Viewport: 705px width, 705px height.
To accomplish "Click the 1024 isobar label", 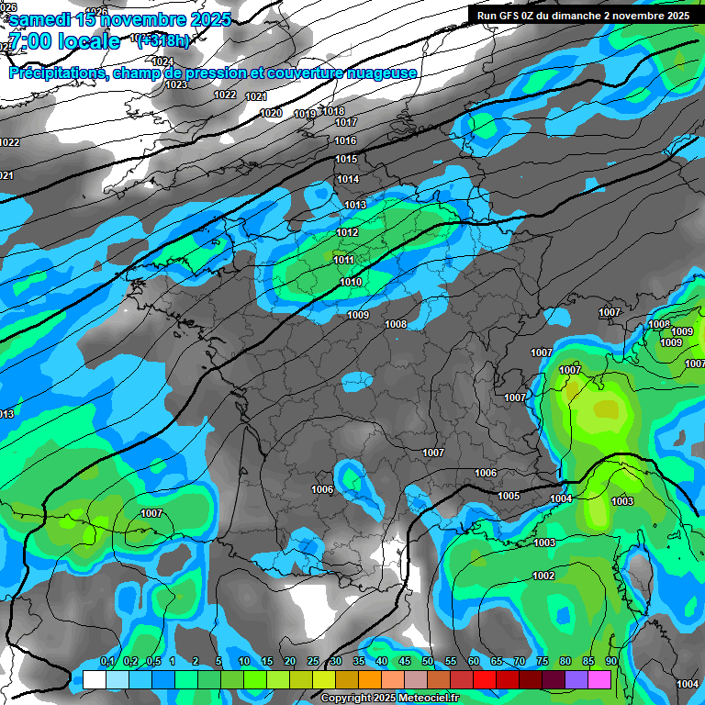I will [162, 62].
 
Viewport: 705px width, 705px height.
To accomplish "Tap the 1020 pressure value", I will [271, 113].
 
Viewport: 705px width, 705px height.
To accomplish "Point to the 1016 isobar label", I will [346, 140].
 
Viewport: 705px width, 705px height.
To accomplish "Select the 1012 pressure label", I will [347, 232].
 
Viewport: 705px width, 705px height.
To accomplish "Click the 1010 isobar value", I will [350, 282].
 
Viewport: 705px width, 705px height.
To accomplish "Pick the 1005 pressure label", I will [509, 496].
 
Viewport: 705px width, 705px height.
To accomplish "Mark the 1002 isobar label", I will [543, 576].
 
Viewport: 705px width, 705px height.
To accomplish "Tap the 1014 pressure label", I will [348, 179].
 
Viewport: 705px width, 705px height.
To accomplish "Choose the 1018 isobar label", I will [333, 111].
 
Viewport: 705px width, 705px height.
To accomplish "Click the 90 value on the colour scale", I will [610, 661].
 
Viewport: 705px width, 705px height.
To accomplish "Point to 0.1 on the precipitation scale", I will [107, 661].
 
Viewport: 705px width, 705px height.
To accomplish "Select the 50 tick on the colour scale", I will [428, 661].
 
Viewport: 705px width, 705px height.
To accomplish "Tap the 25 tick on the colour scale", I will [313, 661].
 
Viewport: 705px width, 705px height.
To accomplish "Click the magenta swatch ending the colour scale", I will [599, 678].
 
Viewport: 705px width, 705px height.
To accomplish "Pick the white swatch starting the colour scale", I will [94, 678].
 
